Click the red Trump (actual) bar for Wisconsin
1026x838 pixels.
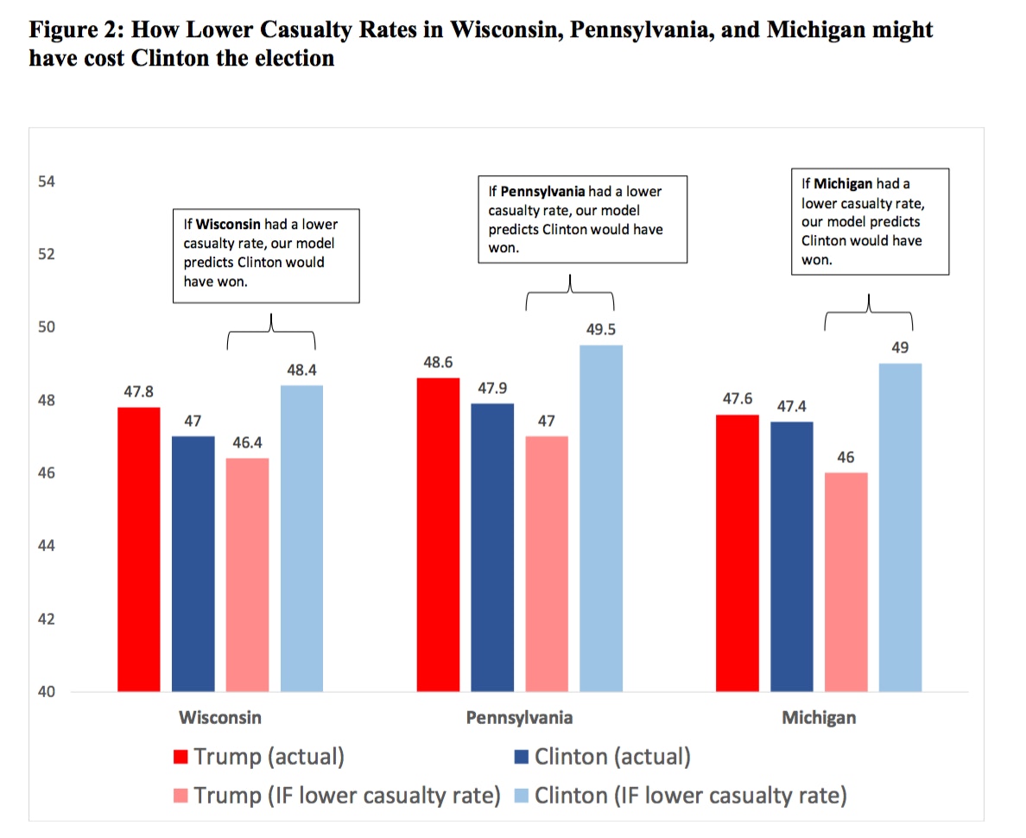[139, 549]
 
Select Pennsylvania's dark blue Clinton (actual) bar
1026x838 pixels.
[492, 548]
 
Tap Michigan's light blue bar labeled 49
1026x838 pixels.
[901, 527]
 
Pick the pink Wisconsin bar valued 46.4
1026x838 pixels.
[247, 575]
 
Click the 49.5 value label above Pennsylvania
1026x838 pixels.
[600, 330]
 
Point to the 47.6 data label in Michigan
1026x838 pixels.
[739, 399]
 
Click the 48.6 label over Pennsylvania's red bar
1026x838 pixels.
[439, 362]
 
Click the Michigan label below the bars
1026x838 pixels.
[819, 718]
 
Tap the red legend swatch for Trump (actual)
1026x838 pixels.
[181, 758]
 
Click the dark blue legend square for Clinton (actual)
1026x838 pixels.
[522, 758]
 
